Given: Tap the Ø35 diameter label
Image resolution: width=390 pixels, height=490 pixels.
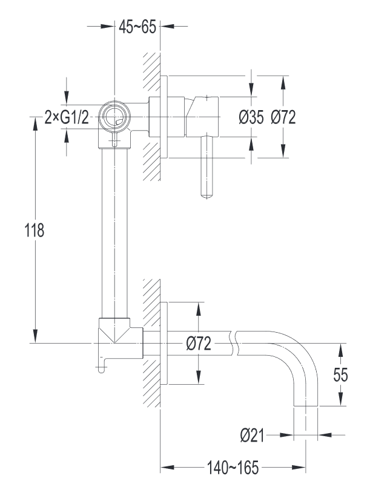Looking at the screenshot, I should tap(251, 117).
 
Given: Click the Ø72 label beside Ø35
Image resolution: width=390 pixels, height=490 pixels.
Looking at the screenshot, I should tap(283, 117).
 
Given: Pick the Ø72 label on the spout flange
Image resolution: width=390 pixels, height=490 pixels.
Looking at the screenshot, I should tap(199, 344).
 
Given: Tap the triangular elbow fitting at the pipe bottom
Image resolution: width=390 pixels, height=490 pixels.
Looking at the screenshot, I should tap(114, 330).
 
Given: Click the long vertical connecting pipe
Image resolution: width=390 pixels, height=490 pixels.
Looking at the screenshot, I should tap(114, 230).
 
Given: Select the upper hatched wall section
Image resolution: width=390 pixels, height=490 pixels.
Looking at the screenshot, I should tap(151, 115).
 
